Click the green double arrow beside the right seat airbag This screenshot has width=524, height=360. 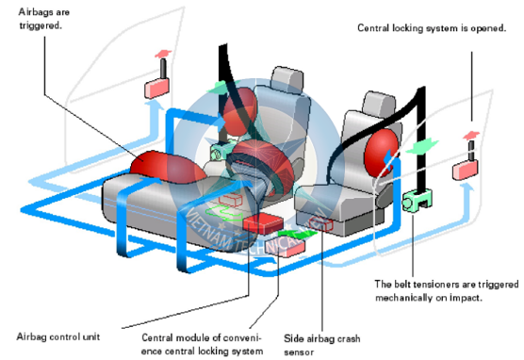coord(422,146)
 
